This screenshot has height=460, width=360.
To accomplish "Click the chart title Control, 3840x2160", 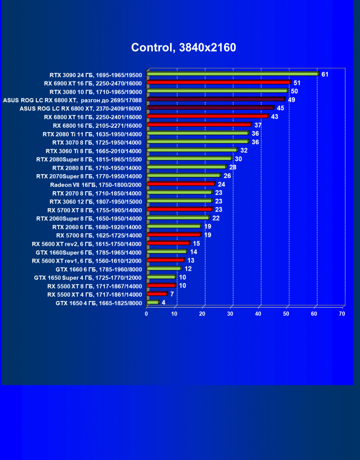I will click(x=183, y=47).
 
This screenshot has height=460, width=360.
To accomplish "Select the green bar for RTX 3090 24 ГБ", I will click(x=232, y=74).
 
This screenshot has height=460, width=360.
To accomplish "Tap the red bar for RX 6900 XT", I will click(x=218, y=82).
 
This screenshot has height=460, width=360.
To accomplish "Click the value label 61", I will click(x=325, y=74).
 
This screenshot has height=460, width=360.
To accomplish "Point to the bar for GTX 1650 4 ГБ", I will click(x=153, y=302).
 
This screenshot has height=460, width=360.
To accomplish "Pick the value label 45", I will click(x=280, y=108).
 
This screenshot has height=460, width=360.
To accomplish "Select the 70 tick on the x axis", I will click(x=342, y=314).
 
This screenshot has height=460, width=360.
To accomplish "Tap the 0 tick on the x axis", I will click(x=146, y=314).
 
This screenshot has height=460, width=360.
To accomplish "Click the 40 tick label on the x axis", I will click(x=258, y=314).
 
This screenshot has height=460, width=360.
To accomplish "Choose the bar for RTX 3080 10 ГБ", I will click(x=217, y=90).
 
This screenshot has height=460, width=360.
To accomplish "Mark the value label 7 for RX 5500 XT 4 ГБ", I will click(x=172, y=294).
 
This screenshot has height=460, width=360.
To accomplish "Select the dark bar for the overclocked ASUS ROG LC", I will click(x=216, y=99).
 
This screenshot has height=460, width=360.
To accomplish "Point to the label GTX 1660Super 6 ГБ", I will click(x=89, y=252).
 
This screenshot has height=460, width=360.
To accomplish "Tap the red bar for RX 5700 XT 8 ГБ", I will click(x=179, y=209).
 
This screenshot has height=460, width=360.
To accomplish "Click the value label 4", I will click(x=163, y=302).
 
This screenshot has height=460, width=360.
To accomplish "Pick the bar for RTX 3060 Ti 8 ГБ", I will click(x=191, y=150).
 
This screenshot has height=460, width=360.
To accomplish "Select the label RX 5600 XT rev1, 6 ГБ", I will click(x=87, y=261).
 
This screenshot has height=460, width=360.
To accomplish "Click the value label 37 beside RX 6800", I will click(x=258, y=125).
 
